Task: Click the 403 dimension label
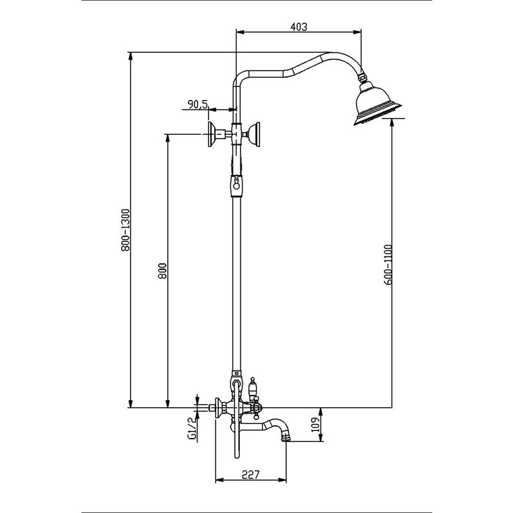pyautogui.click(x=299, y=27)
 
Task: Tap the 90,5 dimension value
pyautogui.click(x=198, y=104)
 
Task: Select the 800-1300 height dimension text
pyautogui.click(x=125, y=230)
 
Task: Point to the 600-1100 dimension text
pyautogui.click(x=387, y=264)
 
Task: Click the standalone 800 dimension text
pyautogui.click(x=162, y=271)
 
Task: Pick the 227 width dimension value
pyautogui.click(x=250, y=475)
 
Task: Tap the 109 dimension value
pyautogui.click(x=315, y=425)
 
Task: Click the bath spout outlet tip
pyautogui.click(x=285, y=437)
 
